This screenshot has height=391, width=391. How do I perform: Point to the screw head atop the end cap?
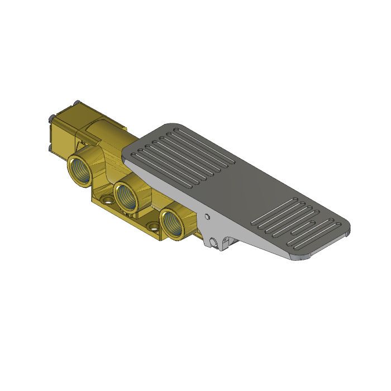click(x=77, y=103)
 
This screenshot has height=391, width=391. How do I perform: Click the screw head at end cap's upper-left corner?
click(x=52, y=118)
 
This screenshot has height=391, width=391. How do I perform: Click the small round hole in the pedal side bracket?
click(x=207, y=216)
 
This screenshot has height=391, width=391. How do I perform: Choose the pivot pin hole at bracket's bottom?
click(x=212, y=241)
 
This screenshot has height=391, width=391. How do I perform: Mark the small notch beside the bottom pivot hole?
click(x=225, y=242)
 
